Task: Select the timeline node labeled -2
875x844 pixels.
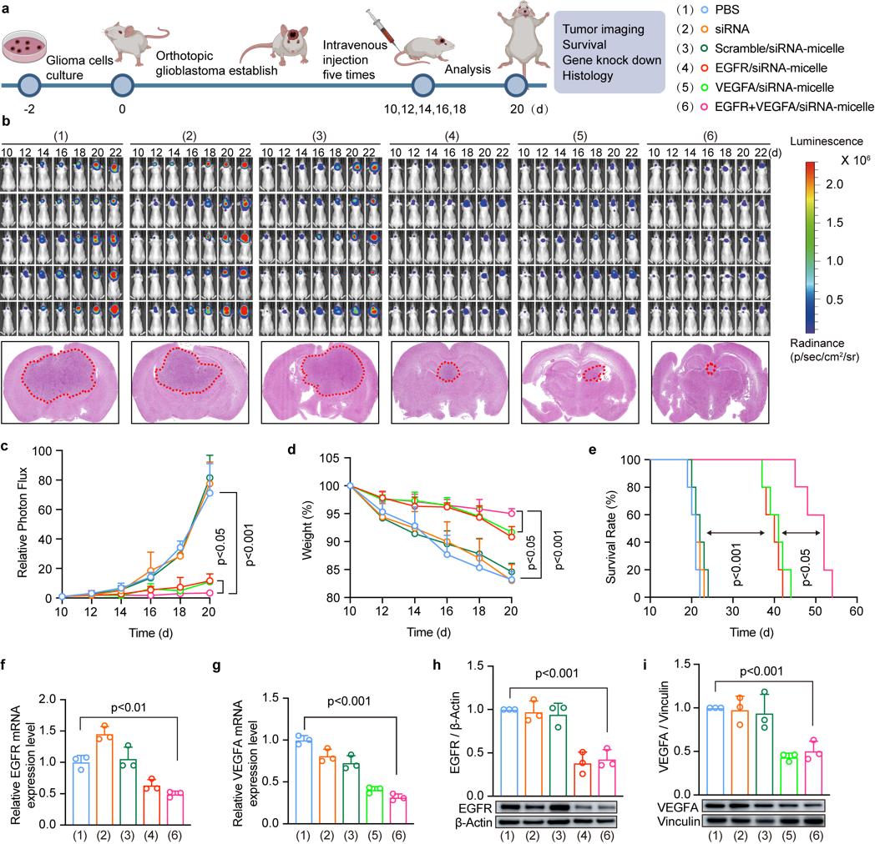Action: tap(28, 85)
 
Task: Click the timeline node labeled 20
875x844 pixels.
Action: tap(517, 85)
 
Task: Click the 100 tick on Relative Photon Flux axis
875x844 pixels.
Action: tap(52, 450)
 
